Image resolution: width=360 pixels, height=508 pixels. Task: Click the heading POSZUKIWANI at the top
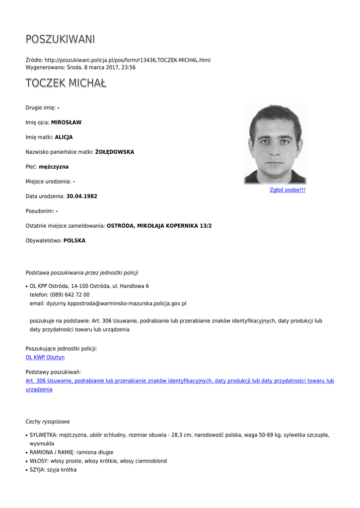(60, 39)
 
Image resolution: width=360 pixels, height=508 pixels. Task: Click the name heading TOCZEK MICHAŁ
(66, 83)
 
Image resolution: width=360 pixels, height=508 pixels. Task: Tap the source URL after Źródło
(127, 60)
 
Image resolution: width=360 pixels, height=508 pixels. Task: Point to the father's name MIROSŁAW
(66, 123)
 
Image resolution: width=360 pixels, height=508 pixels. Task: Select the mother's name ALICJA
(64, 137)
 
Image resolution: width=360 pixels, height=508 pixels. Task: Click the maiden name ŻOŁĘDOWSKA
(115, 152)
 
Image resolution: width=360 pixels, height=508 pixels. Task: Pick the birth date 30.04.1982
(82, 196)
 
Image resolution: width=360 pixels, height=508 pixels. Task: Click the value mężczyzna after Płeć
(54, 167)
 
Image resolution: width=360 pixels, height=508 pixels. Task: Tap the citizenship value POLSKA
(74, 241)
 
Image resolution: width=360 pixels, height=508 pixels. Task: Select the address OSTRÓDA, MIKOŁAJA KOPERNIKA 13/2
(159, 226)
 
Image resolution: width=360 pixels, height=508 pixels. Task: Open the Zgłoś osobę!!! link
(287, 190)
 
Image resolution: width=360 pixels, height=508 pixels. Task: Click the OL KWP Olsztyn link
(45, 357)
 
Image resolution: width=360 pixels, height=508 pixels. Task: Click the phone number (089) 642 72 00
(70, 295)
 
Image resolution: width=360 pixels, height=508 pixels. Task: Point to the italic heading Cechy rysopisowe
(48, 422)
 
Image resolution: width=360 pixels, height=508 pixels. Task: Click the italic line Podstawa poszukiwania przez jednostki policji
(82, 273)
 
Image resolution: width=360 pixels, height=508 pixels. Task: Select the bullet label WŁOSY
(39, 461)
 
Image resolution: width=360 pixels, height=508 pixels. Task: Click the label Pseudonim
(40, 211)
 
